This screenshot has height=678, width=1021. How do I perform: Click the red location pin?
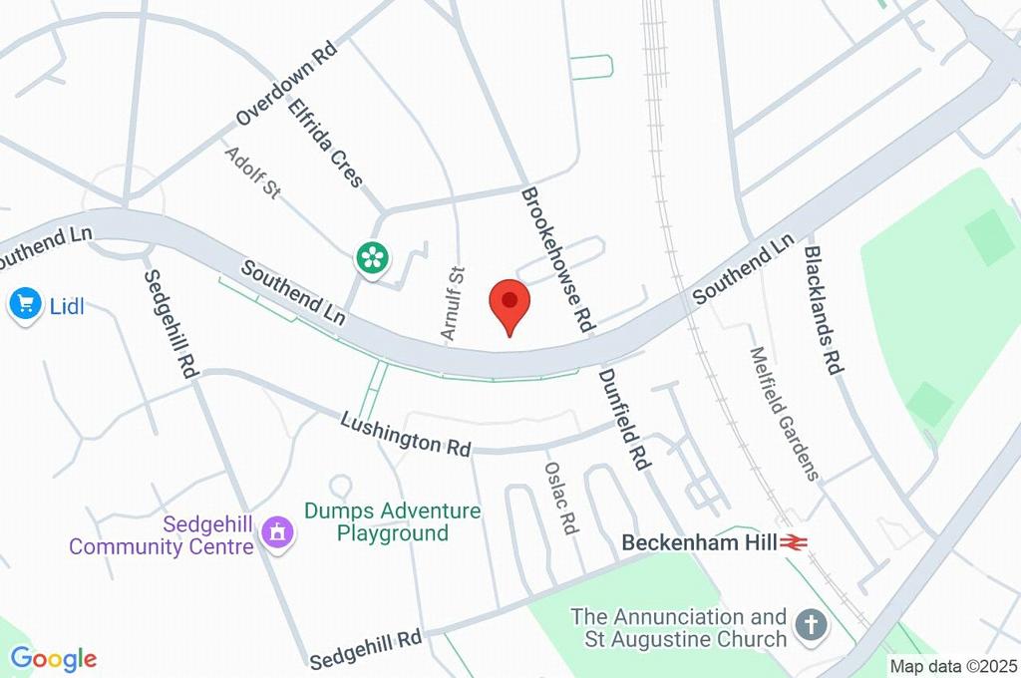pyautogui.click(x=510, y=303)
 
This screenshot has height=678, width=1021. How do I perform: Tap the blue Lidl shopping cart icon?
pyautogui.click(x=24, y=304)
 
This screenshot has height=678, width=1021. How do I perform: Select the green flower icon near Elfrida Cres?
pyautogui.click(x=371, y=258)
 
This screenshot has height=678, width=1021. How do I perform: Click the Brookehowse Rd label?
pyautogui.click(x=559, y=259)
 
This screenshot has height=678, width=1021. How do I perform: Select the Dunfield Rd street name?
pyautogui.click(x=623, y=419)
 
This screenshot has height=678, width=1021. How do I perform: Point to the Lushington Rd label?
pyautogui.click(x=405, y=434)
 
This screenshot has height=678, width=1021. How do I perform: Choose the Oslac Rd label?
pyautogui.click(x=561, y=497)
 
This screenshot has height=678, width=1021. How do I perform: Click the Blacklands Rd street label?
pyautogui.click(x=825, y=309)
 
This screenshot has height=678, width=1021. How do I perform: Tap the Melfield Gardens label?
pyautogui.click(x=785, y=413)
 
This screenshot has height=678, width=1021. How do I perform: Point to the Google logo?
pyautogui.click(x=53, y=659)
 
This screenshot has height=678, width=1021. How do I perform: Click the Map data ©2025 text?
pyautogui.click(x=953, y=666)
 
